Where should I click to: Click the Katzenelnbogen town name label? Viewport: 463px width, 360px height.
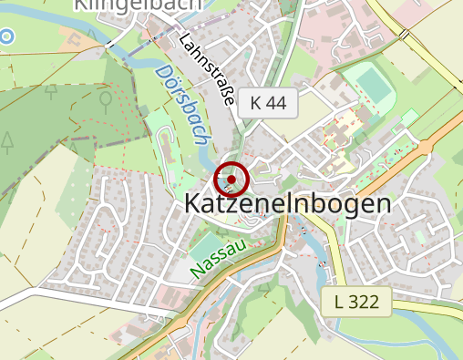[287, 204]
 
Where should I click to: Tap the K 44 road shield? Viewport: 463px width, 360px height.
[267, 104]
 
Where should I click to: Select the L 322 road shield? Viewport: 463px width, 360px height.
[355, 301]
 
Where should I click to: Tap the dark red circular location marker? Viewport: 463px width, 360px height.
[231, 180]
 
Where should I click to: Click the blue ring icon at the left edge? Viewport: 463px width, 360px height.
[6, 36]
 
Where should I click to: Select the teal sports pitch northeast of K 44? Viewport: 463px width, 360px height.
[372, 85]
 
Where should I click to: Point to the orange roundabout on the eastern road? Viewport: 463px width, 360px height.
[423, 147]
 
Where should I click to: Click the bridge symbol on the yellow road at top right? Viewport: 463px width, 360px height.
[403, 34]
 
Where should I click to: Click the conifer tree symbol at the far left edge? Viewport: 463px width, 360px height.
[7, 141]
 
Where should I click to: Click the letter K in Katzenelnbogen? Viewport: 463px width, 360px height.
[193, 204]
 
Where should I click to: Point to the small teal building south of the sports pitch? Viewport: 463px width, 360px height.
[409, 117]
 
